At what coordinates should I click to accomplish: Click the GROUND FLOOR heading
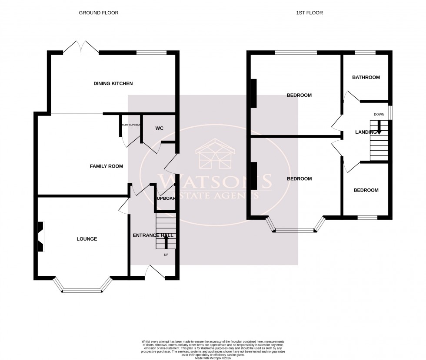pos(98,13)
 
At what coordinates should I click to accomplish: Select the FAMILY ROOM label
pos(106,166)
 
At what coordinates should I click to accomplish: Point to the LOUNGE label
pos(87,239)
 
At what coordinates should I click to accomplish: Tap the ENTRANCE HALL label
pos(153,235)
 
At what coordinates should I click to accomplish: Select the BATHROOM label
pos(366,78)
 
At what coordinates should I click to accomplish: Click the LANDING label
pos(366,132)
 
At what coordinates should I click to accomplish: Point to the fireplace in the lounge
pos(40,237)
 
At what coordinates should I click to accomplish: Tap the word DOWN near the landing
pos(379,114)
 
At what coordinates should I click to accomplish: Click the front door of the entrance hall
pos(155,272)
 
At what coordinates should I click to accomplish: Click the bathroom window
pos(365,53)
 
